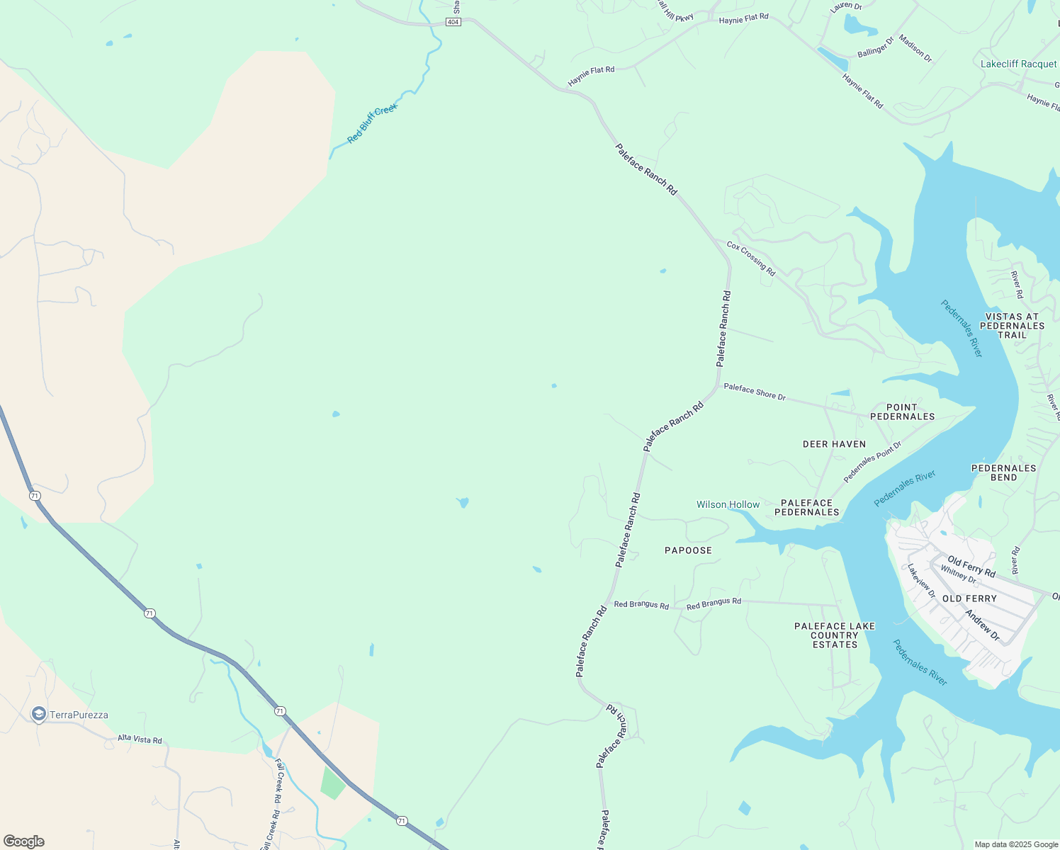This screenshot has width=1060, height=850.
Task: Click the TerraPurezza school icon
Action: [39, 714]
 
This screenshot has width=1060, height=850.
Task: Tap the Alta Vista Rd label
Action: [140, 739]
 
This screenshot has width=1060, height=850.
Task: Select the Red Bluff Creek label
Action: [372, 123]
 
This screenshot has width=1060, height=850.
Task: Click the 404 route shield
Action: [453, 22]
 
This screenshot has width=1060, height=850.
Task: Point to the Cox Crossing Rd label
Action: [751, 259]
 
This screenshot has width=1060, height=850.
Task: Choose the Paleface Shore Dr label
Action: [755, 392]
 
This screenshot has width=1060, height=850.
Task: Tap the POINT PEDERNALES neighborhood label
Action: [902, 412]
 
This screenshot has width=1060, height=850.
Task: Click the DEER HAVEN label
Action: [834, 444]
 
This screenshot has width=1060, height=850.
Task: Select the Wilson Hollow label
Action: [728, 504]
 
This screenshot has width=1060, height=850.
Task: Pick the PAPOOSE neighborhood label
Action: [688, 550]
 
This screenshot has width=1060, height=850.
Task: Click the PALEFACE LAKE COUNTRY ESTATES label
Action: [835, 635]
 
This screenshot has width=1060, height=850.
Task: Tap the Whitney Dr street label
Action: [958, 574]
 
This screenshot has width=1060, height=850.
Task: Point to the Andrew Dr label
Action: [982, 625]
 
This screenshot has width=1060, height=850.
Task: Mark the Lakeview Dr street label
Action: [922, 581]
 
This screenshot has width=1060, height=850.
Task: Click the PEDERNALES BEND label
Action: [1003, 472]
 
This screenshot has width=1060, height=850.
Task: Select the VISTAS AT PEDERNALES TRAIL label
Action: [1012, 326]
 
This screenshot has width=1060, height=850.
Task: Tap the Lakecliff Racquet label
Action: [1018, 64]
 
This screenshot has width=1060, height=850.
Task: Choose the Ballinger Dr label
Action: [876, 48]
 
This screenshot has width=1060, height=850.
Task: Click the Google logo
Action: [24, 841]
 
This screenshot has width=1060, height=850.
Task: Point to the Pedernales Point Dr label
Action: [872, 462]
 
